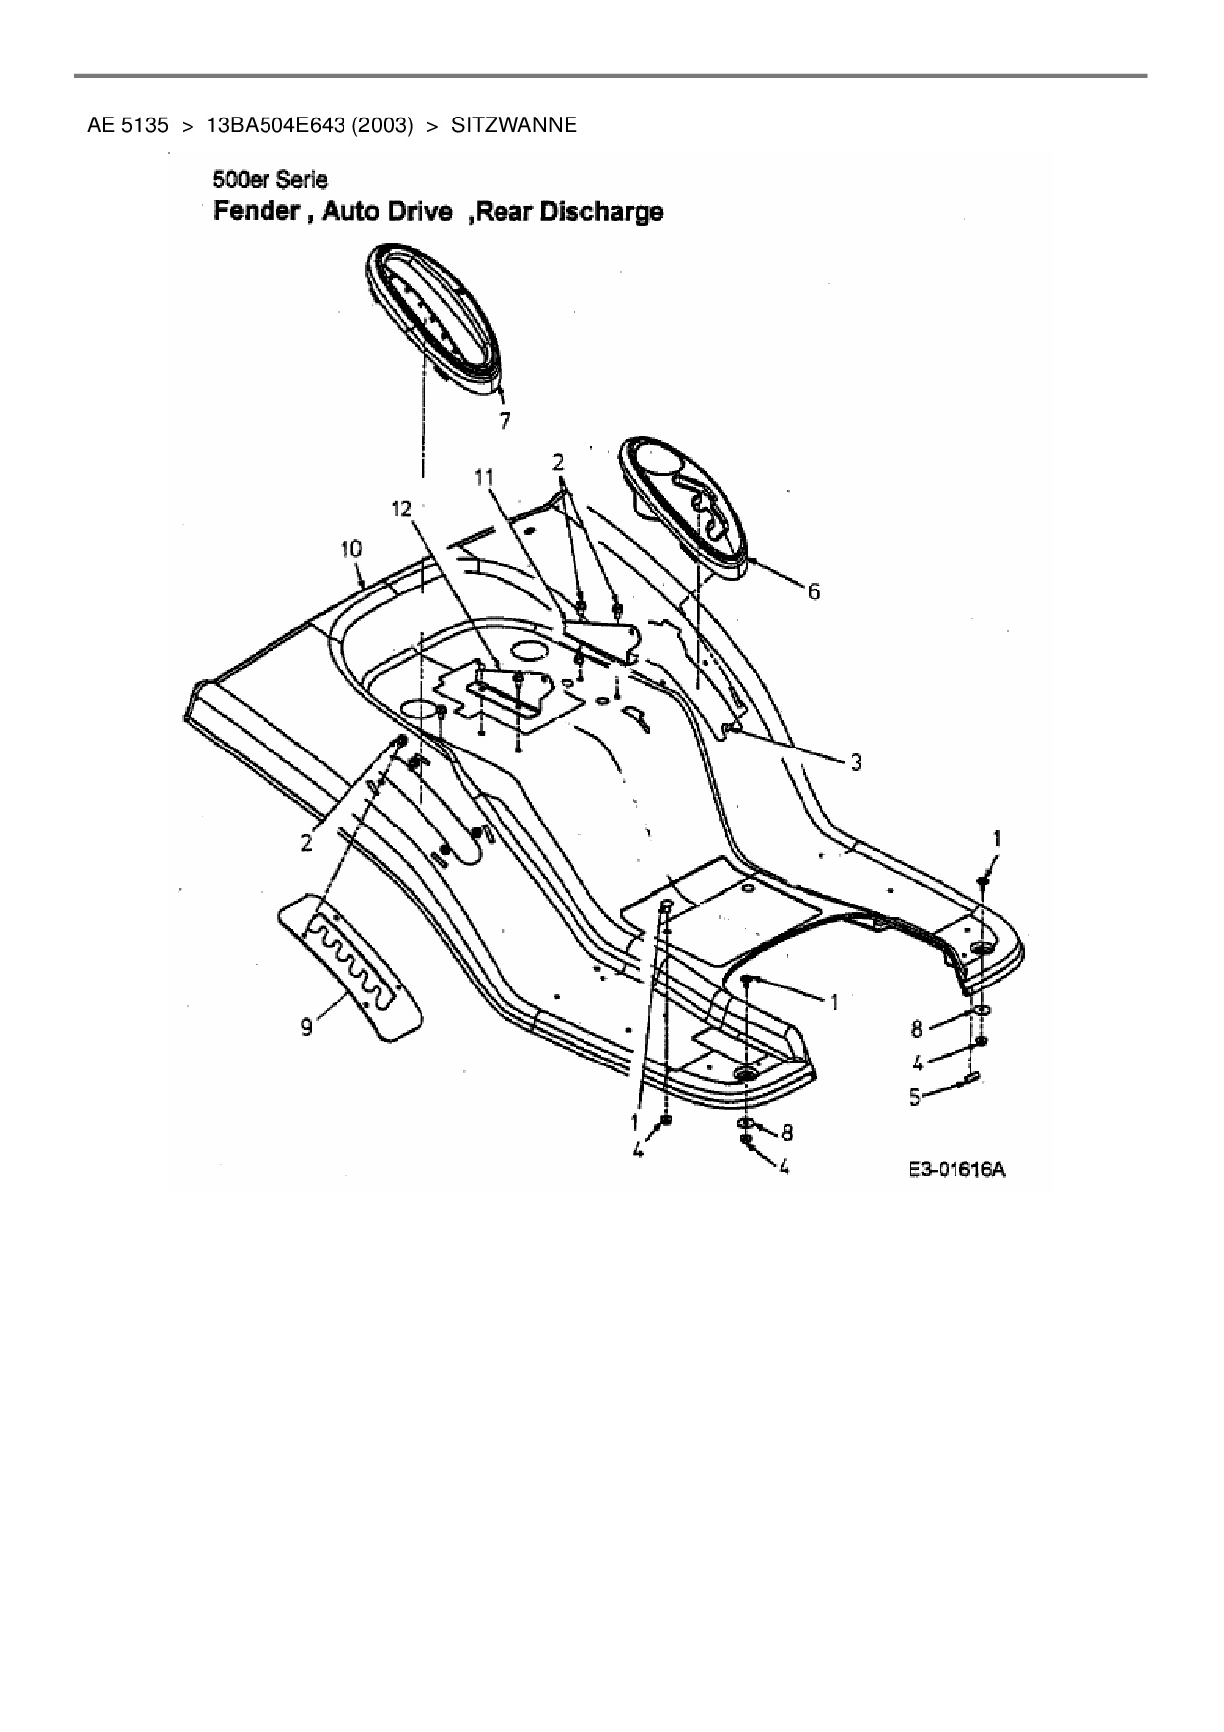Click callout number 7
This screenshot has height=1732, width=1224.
pos(504,421)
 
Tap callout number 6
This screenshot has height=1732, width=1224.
pos(813,591)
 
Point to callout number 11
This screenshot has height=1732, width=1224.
pos(483,478)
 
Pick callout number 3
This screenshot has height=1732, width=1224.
pos(856,762)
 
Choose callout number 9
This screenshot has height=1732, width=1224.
pos(307,1028)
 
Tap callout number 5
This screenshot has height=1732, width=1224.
pos(915,1096)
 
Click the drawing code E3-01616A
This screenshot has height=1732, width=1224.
pos(956,1170)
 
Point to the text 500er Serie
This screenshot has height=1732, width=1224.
pos(269,181)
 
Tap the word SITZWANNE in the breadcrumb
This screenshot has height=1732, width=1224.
pos(513,125)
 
